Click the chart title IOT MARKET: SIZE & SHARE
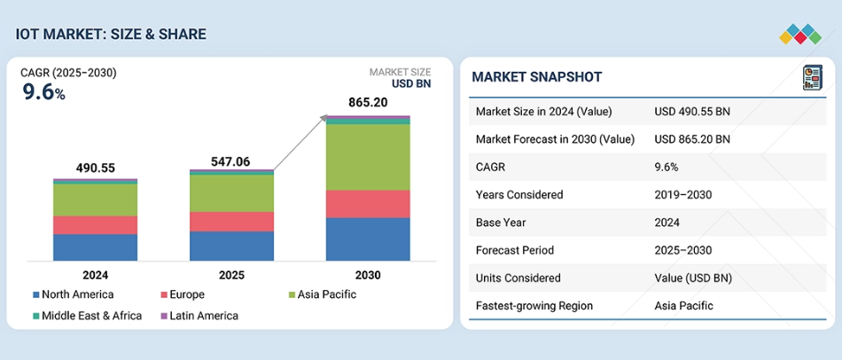point(111,35)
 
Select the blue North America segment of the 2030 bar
point(368,239)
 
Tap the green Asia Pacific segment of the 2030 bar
point(368,157)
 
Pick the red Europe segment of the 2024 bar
point(95,225)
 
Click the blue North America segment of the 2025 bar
point(231,246)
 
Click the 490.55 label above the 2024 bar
point(96,168)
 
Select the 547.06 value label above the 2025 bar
point(230,161)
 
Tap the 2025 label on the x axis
point(231,275)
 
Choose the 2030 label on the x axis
point(368,275)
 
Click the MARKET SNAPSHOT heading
point(536,77)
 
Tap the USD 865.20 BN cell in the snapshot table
point(692,139)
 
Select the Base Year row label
point(501,223)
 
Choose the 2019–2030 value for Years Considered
point(683,194)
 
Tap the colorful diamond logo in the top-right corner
point(800,35)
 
